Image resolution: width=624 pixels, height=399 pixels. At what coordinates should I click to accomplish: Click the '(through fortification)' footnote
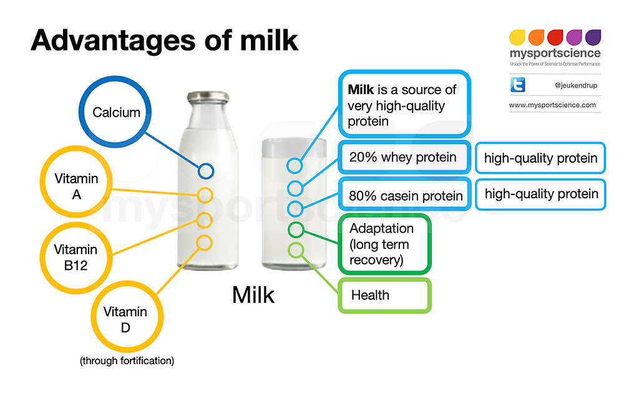(x=127, y=361)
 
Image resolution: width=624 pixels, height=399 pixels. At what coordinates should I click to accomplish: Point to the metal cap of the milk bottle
(x=208, y=97)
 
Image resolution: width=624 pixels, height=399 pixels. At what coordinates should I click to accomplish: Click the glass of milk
(x=294, y=204)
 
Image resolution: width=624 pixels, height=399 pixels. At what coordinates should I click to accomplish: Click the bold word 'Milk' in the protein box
(x=361, y=90)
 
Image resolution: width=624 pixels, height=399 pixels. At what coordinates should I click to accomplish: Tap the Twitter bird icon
(x=518, y=85)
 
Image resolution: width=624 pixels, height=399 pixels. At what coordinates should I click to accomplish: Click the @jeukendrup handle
(x=576, y=85)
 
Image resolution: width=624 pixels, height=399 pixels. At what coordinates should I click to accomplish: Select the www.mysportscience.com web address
(x=552, y=105)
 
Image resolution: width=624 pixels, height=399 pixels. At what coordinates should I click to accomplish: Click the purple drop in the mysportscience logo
(x=593, y=37)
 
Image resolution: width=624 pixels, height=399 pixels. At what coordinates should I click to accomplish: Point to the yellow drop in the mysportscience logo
(x=517, y=37)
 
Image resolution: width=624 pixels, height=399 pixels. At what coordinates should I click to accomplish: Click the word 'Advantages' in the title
(x=113, y=41)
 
